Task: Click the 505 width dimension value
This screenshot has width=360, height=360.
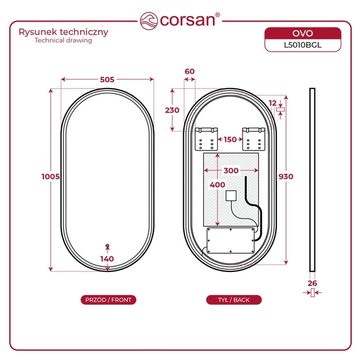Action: click(107, 80)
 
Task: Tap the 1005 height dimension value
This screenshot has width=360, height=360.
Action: click(51, 177)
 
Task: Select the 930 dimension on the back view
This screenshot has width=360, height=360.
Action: click(286, 177)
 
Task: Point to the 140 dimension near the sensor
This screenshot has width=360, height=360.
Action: click(107, 259)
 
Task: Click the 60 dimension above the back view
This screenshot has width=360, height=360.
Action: click(190, 71)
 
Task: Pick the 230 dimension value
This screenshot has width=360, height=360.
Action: click(172, 110)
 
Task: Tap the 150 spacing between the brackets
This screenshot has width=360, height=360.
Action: click(230, 139)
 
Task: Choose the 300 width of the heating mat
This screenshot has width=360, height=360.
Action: click(231, 170)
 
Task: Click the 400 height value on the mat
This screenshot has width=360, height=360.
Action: click(217, 185)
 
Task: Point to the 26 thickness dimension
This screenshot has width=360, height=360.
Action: click(312, 283)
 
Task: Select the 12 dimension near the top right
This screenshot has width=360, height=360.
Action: click(272, 103)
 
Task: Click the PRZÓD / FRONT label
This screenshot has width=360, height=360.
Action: click(109, 300)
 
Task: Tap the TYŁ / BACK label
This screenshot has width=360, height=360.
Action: click(234, 300)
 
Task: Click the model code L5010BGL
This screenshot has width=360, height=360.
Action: click(303, 45)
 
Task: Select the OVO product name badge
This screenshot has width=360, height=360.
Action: click(303, 33)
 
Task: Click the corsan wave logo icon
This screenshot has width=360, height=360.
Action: click(149, 21)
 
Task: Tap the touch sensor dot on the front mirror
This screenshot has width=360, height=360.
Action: click(107, 246)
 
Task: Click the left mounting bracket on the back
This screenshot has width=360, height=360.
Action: click(206, 139)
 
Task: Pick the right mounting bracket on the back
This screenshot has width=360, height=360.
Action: click(254, 139)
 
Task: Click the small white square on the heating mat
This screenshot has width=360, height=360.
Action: click(231, 196)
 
